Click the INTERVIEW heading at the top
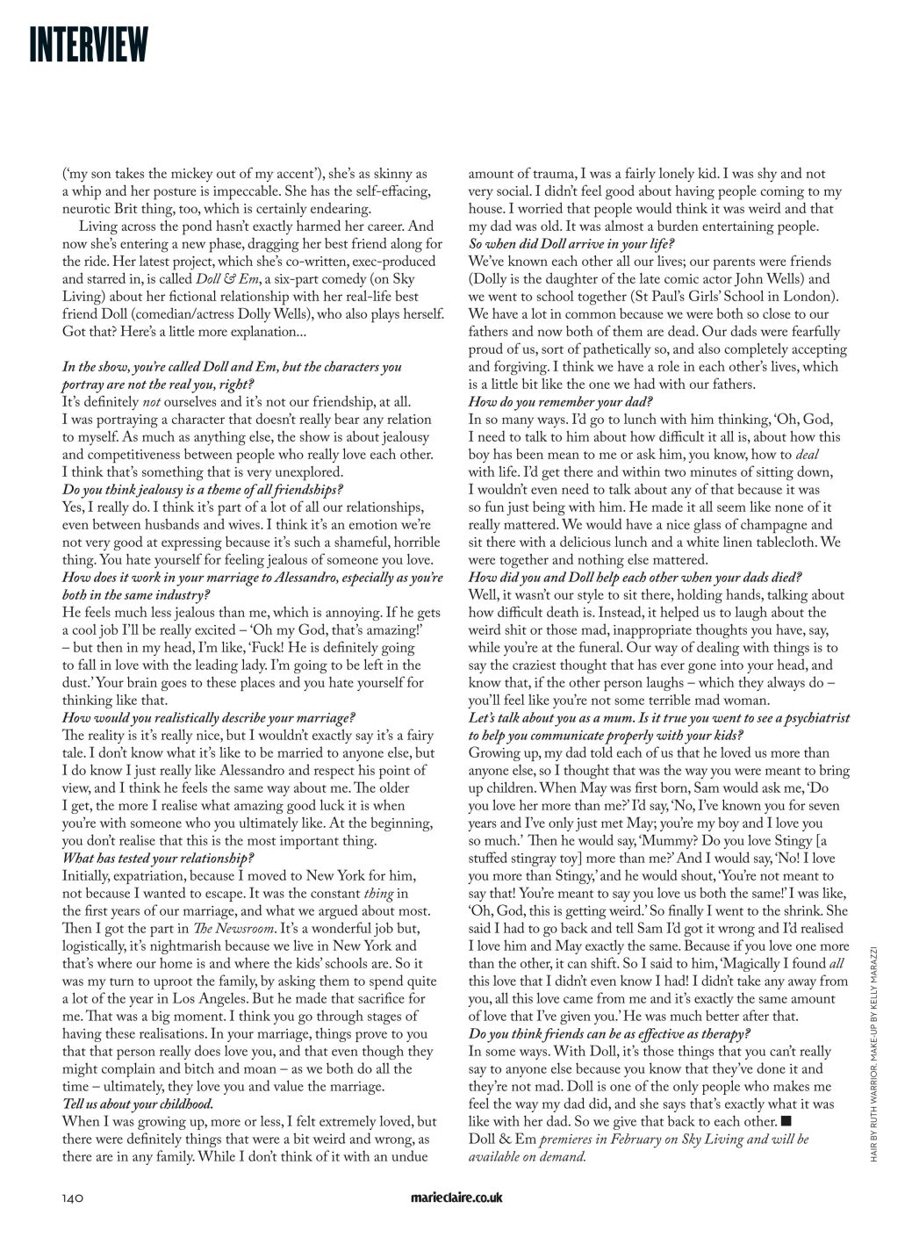(x=88, y=45)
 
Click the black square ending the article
(x=786, y=1121)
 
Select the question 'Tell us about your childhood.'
(x=138, y=1104)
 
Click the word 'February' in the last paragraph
(x=657, y=1139)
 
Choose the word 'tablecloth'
(x=781, y=542)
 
